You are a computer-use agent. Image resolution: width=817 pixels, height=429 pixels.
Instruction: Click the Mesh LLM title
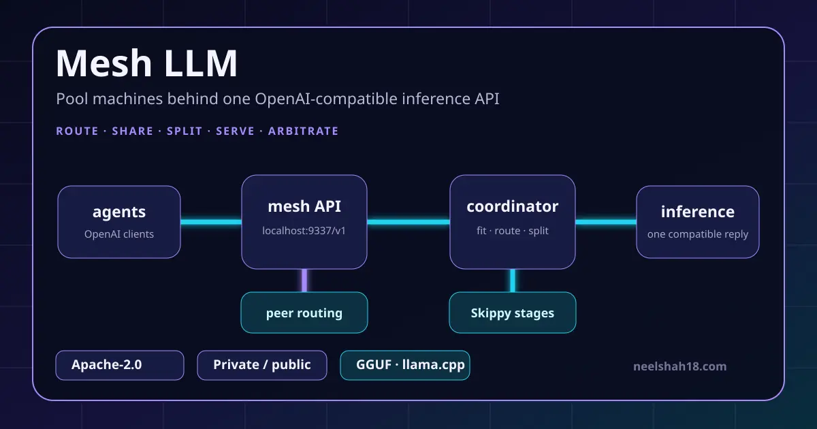point(146,63)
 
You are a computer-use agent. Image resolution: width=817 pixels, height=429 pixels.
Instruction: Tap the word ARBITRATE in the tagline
point(303,131)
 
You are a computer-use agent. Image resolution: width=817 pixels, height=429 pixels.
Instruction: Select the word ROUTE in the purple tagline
point(77,131)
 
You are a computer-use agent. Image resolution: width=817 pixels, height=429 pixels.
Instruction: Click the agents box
point(119,222)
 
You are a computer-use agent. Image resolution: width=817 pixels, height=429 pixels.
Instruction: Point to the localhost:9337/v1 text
point(304,231)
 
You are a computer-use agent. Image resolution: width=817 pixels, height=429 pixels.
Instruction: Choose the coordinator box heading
point(513,206)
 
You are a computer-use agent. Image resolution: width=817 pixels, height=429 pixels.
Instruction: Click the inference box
point(698,222)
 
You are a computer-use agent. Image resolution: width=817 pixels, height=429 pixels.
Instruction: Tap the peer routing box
point(304,313)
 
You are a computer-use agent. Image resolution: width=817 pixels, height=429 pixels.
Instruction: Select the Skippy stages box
point(513,313)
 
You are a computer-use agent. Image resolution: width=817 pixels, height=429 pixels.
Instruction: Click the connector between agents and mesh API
point(211,222)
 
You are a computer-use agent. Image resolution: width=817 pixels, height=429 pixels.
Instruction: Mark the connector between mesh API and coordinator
point(408,222)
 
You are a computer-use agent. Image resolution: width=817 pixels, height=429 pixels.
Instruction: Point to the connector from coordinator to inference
point(606,222)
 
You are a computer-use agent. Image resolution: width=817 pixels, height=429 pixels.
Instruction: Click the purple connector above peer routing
point(304,281)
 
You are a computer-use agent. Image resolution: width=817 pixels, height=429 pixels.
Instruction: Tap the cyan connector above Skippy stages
point(513,281)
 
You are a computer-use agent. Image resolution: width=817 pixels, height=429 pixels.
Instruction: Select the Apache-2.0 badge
point(120,365)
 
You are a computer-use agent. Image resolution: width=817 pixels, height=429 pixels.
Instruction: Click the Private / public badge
point(262,365)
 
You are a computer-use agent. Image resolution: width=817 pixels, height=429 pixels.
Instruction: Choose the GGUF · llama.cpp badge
point(405,365)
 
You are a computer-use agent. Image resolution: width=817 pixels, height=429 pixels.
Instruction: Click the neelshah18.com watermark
point(680,366)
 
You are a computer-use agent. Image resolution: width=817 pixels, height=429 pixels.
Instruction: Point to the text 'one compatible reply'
point(698,234)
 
